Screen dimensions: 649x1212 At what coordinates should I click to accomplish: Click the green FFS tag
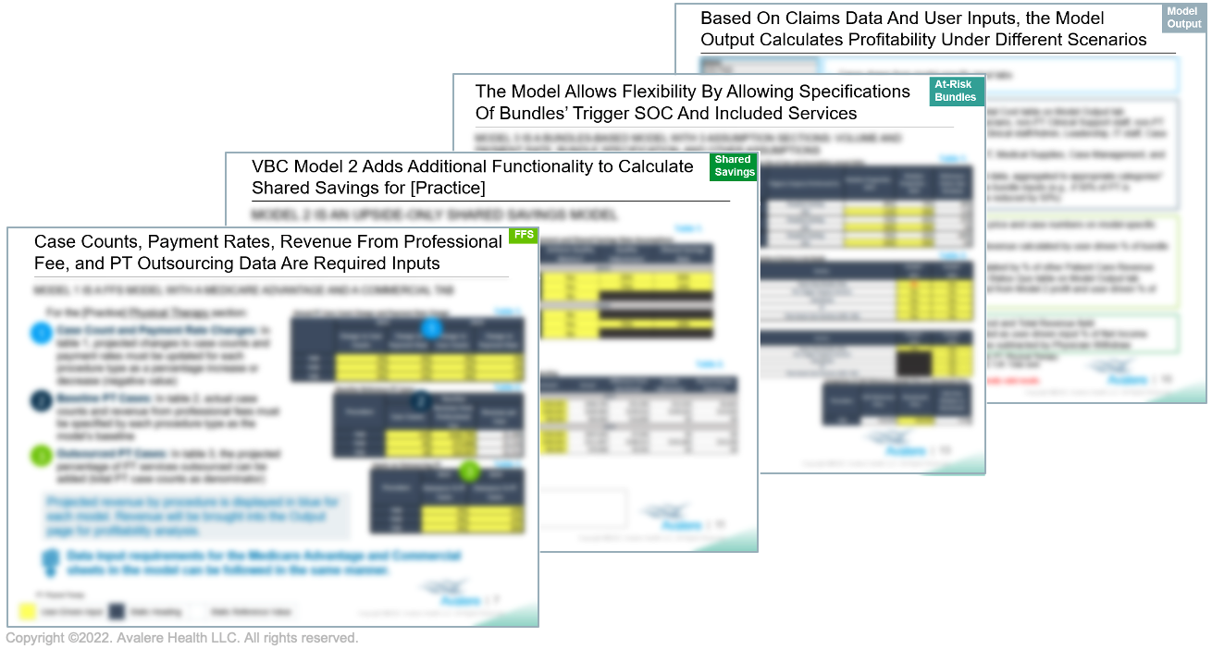point(524,236)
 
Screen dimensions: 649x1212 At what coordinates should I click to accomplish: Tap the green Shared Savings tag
point(735,166)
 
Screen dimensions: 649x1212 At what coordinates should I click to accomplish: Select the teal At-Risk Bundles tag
point(956,91)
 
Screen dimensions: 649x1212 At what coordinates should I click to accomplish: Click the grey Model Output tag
point(1183,18)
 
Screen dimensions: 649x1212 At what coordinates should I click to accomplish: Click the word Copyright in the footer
point(36,638)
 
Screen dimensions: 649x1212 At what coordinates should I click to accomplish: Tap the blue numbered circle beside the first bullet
point(41,334)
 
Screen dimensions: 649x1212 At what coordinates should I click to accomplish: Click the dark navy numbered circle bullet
point(41,400)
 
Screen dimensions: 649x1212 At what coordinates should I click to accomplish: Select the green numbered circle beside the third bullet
point(41,455)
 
